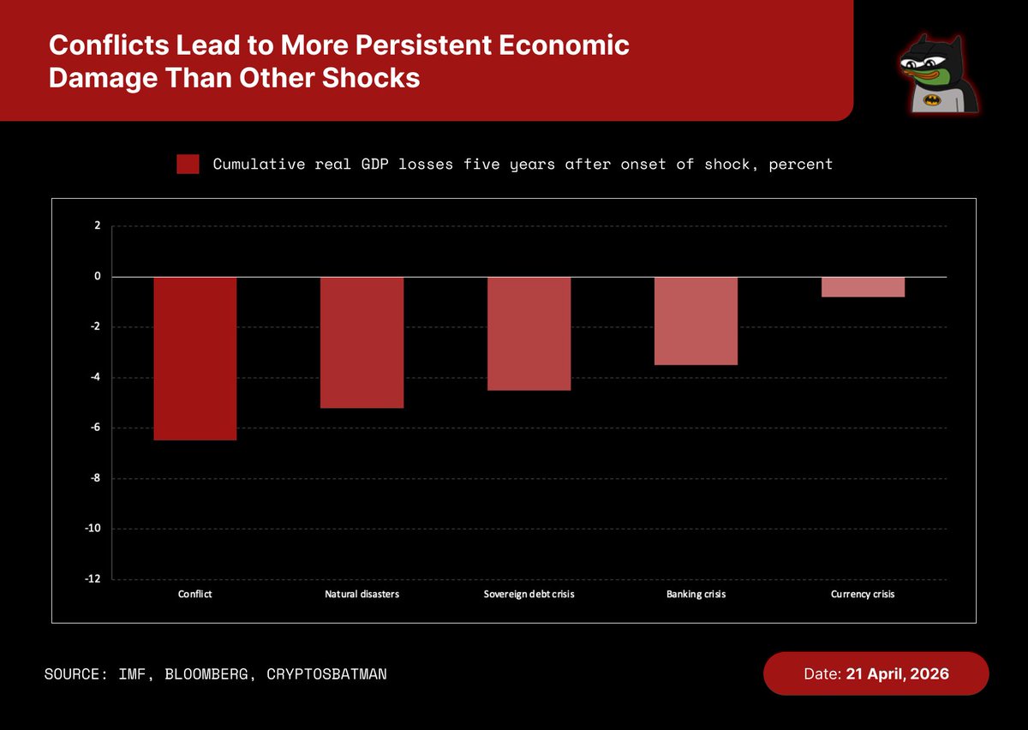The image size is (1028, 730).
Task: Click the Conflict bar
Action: [195, 358]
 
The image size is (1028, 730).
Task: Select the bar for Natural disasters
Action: [362, 342]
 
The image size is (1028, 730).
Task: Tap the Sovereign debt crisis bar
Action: [529, 333]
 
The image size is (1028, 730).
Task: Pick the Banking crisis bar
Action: [696, 320]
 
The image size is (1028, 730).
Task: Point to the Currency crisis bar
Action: [863, 287]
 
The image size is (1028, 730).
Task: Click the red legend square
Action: [188, 165]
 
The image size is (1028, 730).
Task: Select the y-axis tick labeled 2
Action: [97, 226]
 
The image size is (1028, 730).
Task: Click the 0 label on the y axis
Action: [97, 277]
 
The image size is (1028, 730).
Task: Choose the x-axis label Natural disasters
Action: [362, 594]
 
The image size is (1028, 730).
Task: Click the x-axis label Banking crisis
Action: [696, 594]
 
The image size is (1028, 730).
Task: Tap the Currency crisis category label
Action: [863, 594]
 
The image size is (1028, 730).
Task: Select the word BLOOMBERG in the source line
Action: [216, 674]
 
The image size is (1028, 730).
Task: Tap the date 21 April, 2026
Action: [897, 674]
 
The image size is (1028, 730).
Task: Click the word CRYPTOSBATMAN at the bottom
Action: [327, 674]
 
